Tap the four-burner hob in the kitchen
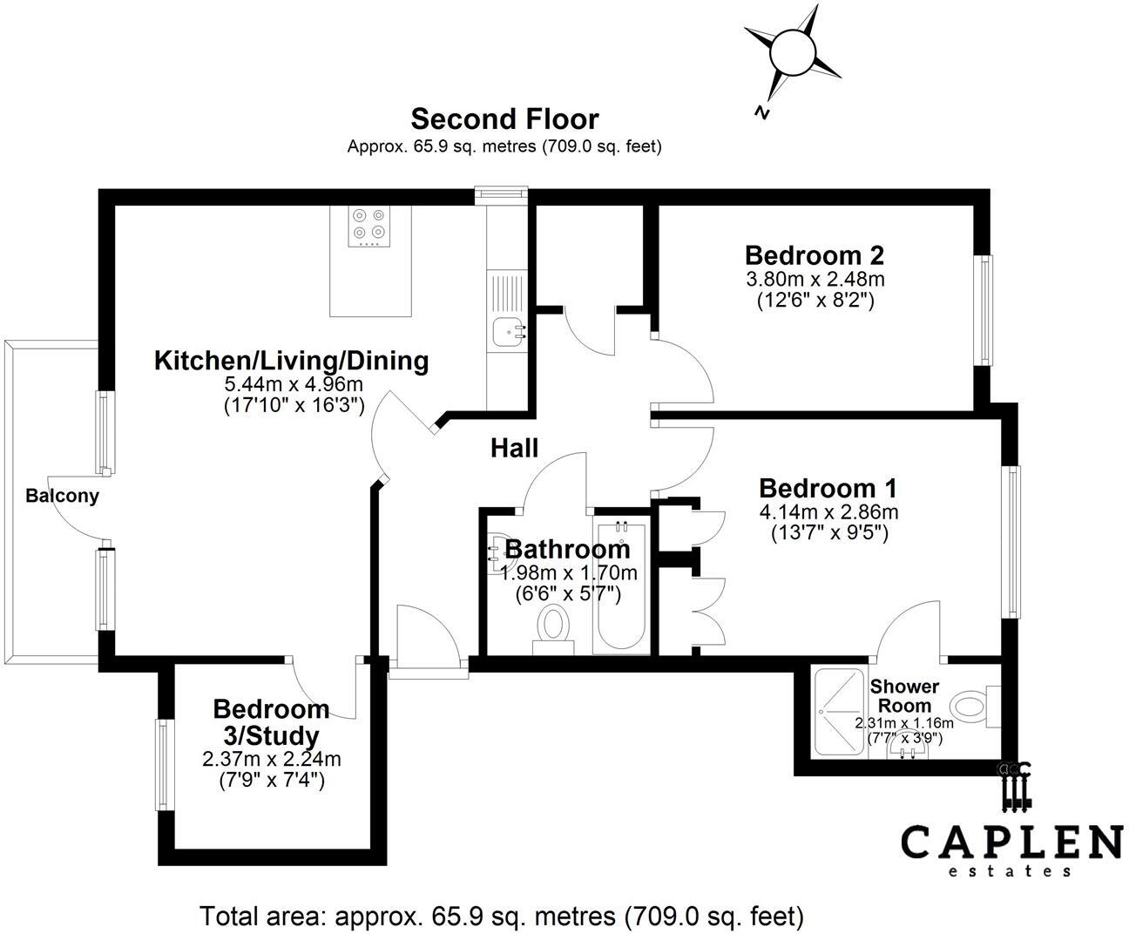368,225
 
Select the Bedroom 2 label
814,255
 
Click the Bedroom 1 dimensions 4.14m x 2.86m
828,511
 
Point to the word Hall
514,449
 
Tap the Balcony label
62,497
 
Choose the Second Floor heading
504,118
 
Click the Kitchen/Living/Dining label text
291,361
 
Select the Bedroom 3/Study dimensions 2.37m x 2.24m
271,759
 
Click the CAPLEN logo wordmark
1011,843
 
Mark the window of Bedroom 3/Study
163,764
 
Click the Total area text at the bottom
501,916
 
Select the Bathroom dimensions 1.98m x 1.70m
568,573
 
